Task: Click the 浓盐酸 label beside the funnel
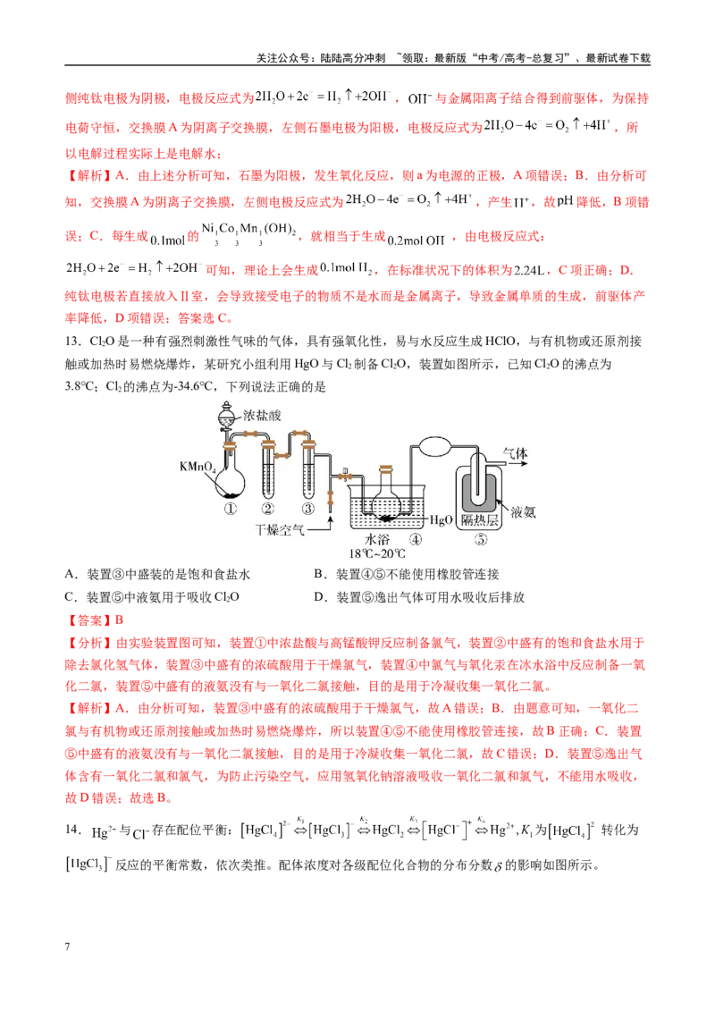[x=262, y=414]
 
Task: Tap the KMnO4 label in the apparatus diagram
[x=197, y=467]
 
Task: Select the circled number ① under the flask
[x=231, y=509]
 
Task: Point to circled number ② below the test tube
[x=268, y=509]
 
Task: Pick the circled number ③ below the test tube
[x=308, y=509]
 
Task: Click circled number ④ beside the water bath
[x=416, y=539]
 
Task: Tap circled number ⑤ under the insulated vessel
[x=480, y=540]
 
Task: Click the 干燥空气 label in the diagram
[x=280, y=530]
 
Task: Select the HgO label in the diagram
[x=441, y=519]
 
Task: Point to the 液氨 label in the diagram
[x=523, y=512]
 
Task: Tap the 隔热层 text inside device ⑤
[x=479, y=519]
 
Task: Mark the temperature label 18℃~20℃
[x=377, y=553]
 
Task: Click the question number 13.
[x=72, y=342]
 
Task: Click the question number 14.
[x=72, y=830]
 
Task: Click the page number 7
[x=68, y=947]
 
